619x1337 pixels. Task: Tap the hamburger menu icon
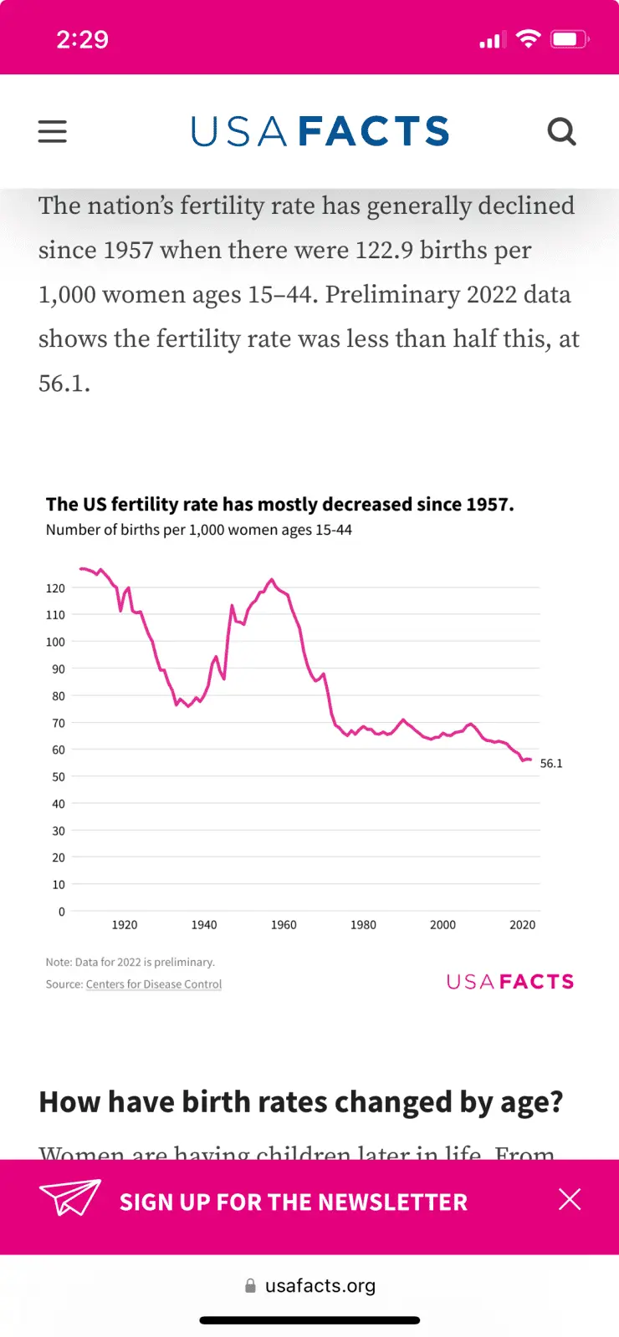click(x=52, y=131)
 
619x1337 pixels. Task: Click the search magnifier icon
click(x=561, y=131)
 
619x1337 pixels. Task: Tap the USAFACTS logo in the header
click(x=320, y=131)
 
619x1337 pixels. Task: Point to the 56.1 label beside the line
click(x=551, y=764)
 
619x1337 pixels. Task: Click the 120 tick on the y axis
click(x=55, y=588)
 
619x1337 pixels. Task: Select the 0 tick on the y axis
click(x=61, y=912)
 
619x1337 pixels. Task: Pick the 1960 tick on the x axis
click(x=284, y=925)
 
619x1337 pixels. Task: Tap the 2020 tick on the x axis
click(x=522, y=925)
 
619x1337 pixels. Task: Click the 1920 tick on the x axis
click(x=125, y=925)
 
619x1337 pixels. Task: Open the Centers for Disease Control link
click(x=154, y=984)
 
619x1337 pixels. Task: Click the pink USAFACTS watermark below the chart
click(x=510, y=982)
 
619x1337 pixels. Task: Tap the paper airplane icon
click(x=70, y=1197)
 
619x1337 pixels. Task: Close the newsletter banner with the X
click(x=570, y=1200)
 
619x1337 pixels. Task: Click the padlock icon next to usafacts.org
click(x=250, y=1286)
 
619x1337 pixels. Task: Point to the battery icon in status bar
click(x=569, y=39)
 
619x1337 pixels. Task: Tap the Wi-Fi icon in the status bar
click(x=528, y=38)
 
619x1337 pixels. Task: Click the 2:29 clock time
click(x=82, y=39)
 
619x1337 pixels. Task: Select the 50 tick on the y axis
click(x=58, y=777)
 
